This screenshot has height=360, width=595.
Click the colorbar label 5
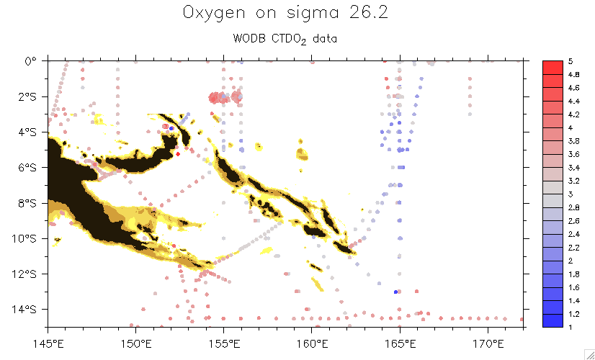[x=571, y=63]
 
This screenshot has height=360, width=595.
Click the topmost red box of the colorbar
[x=552, y=68]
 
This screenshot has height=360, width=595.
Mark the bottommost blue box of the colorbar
[x=552, y=322]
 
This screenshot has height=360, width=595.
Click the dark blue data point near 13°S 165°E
[x=396, y=292]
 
